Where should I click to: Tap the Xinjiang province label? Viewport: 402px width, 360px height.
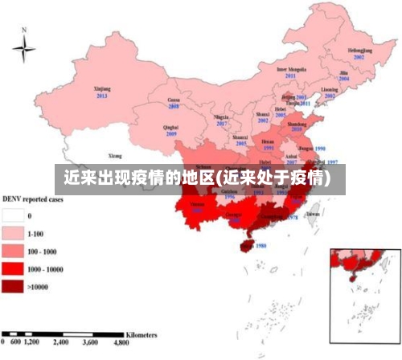tap(102, 89)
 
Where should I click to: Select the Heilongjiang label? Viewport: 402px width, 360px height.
tap(359, 52)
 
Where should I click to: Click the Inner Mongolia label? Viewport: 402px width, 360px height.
tap(291, 71)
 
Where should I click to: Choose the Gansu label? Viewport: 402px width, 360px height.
tap(174, 100)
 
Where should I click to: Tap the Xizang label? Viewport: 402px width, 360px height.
tap(116, 155)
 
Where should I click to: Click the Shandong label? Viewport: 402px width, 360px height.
tap(297, 124)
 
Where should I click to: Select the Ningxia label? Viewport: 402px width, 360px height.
tap(221, 117)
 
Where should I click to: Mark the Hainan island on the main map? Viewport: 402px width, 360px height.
tap(245, 242)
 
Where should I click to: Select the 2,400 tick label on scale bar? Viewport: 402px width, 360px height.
tap(61, 342)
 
